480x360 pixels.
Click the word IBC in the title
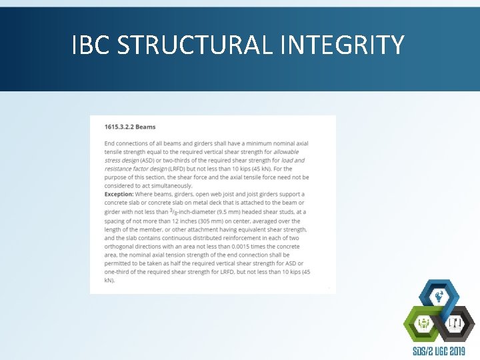point(91,45)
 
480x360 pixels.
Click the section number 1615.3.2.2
point(120,127)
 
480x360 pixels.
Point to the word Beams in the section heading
point(146,127)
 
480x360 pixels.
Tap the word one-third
point(120,272)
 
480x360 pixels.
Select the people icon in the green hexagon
point(423,323)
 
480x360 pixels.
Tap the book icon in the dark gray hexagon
point(456,324)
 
